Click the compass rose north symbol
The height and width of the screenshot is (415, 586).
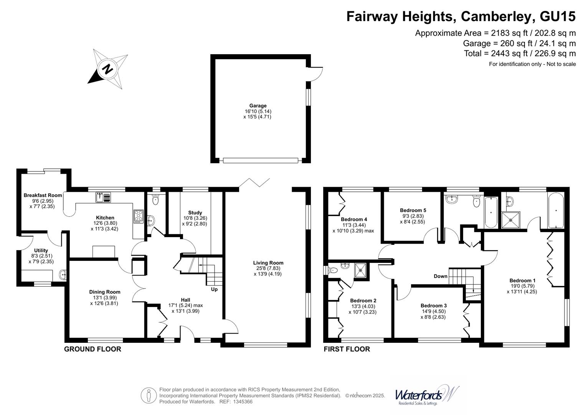108,69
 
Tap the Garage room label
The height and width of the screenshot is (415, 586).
258,106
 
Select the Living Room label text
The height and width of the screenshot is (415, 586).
268,263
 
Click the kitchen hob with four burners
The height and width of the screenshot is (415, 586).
138,216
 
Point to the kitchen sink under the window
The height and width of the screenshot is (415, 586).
103,197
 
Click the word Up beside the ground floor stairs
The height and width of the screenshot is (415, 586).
214,289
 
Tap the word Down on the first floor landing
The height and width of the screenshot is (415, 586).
440,276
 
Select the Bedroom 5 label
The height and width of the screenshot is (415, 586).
413,211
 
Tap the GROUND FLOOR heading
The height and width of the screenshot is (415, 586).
92,349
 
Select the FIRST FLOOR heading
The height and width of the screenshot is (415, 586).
347,349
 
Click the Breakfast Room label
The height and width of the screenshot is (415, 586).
43,195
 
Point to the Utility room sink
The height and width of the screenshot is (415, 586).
63,275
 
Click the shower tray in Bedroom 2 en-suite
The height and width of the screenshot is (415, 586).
360,269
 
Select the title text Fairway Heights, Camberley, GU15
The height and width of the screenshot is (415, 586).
461,17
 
